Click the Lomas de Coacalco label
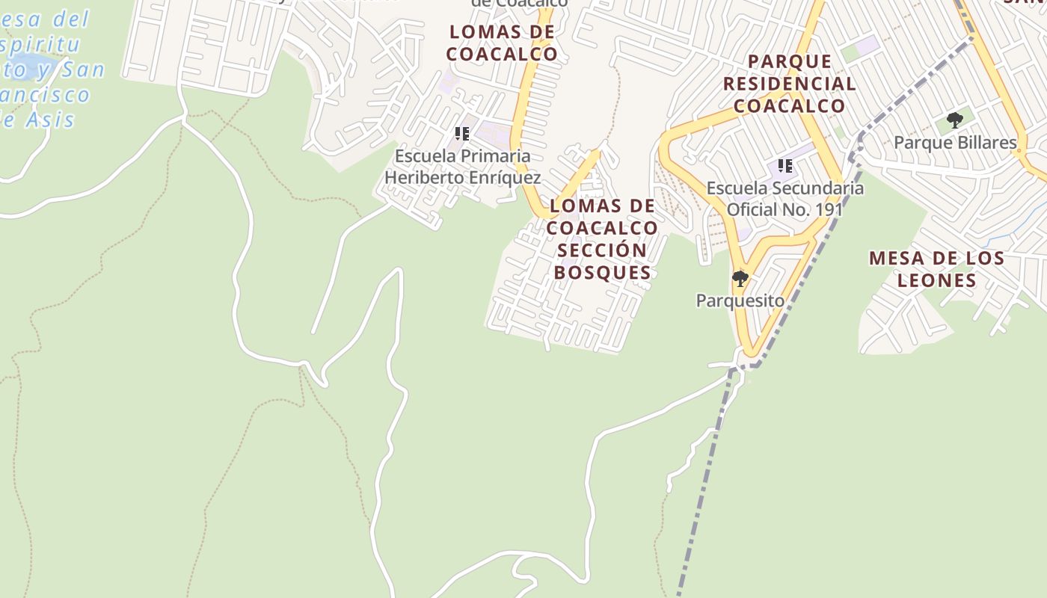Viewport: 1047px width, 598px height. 502,43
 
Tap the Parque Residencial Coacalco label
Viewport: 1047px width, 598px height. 789,83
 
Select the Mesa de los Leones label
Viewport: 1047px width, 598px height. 936,269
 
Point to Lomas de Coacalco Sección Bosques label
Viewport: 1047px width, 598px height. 603,238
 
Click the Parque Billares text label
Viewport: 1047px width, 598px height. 955,143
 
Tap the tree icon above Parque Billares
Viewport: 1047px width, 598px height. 954,120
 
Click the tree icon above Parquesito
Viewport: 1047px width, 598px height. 740,280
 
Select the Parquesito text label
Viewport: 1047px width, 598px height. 740,300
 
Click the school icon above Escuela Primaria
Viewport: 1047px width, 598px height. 462,134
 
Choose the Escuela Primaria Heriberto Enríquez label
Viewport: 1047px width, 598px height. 462,167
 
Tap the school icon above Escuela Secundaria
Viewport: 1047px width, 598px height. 785,165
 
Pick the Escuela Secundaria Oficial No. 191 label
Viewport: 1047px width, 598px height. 785,199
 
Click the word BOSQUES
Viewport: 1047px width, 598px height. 603,272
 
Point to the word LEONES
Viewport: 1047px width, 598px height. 936,280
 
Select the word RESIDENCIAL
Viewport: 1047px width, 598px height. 789,83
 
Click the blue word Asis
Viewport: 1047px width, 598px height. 49,120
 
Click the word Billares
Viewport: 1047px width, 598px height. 979,143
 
